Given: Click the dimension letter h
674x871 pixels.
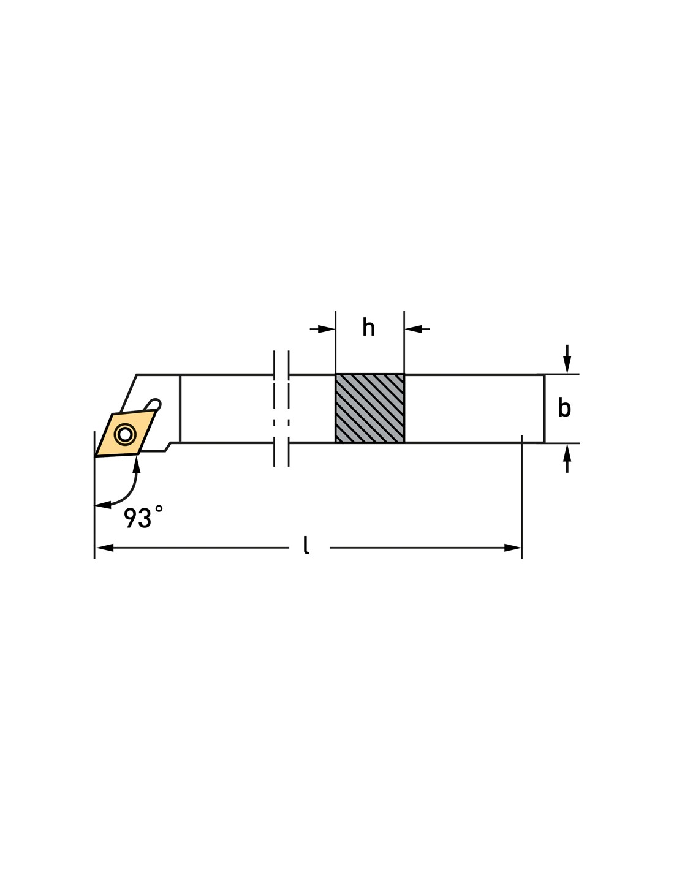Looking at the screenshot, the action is tap(368, 328).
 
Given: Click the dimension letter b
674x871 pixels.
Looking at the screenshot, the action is tap(564, 409).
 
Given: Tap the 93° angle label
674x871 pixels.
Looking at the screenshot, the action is tap(143, 518).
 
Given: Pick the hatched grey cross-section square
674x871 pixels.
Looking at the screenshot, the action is tap(369, 409).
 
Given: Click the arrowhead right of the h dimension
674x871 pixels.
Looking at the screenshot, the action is tap(413, 329).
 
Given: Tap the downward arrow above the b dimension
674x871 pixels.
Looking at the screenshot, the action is tap(567, 364).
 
